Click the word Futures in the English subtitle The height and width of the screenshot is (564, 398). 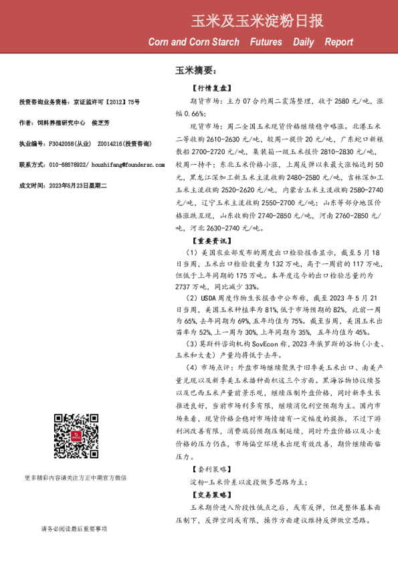266,42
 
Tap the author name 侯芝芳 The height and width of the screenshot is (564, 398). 101,123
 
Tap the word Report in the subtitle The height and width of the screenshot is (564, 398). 338,42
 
